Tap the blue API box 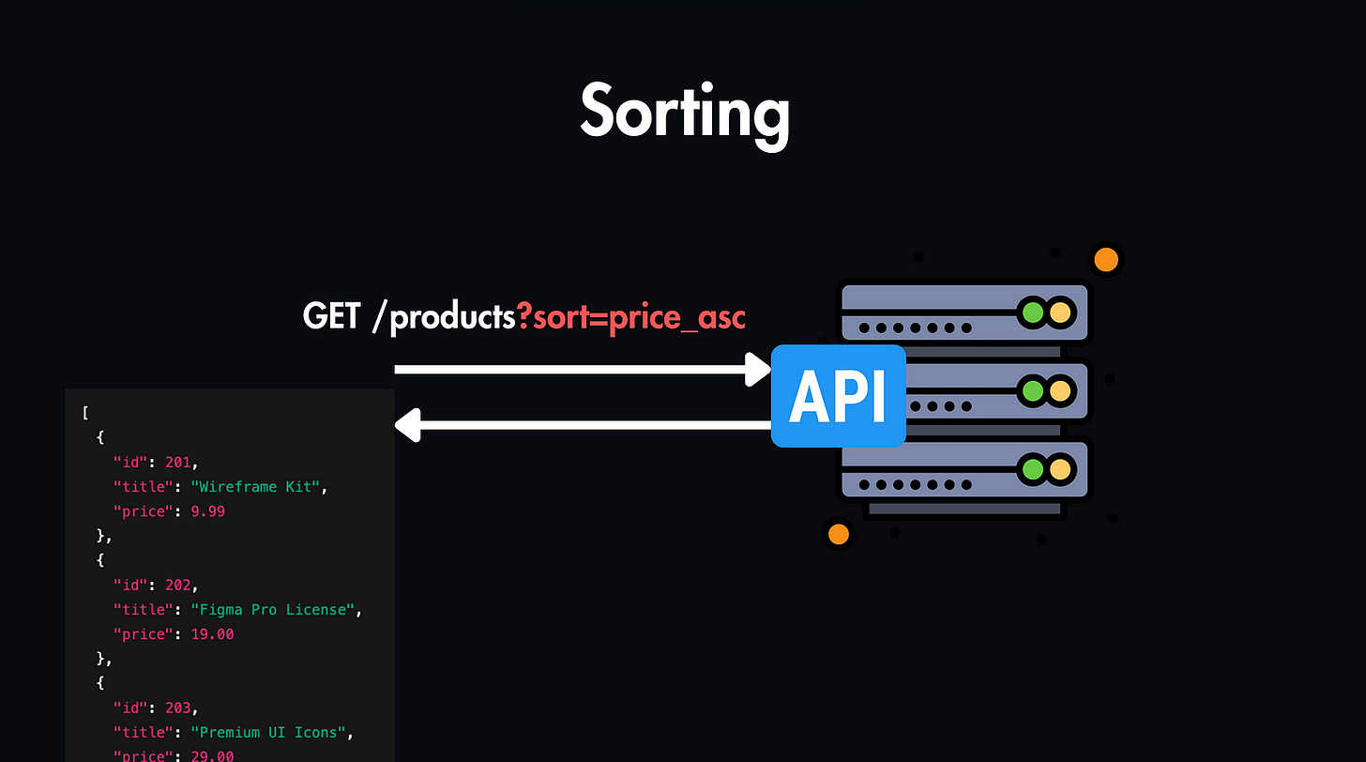point(838,397)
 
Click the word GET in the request point(331,316)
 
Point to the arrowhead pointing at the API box point(758,369)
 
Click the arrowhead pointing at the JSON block point(407,425)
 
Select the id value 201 point(180,463)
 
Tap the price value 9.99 point(207,511)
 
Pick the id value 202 point(180,585)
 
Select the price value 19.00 point(211,633)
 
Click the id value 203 point(180,707)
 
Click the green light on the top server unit point(1033,312)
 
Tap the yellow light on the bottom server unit point(1060,468)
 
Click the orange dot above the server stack point(1106,260)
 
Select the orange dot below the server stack point(838,534)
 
